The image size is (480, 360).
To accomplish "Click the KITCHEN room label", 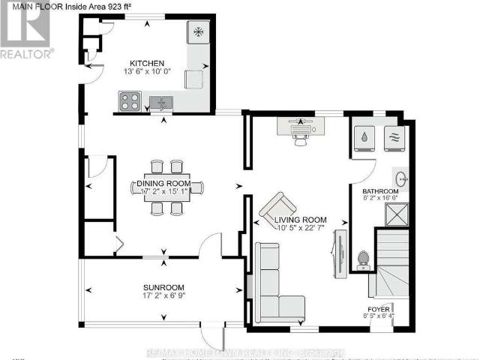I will [x=147, y=63].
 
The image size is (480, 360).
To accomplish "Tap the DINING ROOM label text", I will [x=166, y=183].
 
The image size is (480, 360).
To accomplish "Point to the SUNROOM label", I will [x=164, y=288].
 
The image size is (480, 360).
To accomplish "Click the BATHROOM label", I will [x=382, y=192].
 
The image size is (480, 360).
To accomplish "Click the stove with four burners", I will [x=128, y=100].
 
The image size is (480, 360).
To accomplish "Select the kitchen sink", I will [x=160, y=102].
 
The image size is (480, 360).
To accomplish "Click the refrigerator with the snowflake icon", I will [x=198, y=32].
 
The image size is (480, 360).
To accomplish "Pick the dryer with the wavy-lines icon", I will [x=393, y=138].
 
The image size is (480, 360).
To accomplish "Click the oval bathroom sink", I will [x=403, y=179].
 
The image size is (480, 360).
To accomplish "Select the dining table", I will [x=166, y=187].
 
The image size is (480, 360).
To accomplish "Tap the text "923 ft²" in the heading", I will [x=122, y=7].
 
